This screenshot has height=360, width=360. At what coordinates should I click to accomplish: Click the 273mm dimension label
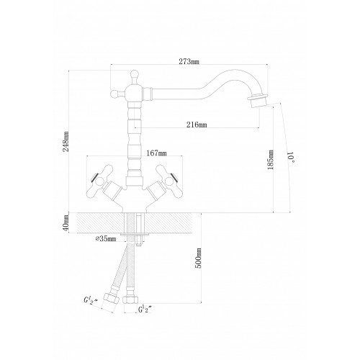(x=189, y=61)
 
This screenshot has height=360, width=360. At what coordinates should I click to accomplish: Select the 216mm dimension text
(x=197, y=125)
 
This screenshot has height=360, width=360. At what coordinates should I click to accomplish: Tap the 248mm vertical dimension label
(x=66, y=141)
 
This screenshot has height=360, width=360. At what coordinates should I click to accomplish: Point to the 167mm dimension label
(x=156, y=153)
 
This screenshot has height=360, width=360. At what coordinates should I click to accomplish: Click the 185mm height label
(x=271, y=160)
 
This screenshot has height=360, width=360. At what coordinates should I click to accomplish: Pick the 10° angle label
(x=291, y=157)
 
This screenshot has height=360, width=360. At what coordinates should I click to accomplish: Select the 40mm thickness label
(x=66, y=223)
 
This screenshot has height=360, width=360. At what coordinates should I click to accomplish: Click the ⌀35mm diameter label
(x=106, y=239)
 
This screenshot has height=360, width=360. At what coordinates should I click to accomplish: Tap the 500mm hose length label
(x=198, y=258)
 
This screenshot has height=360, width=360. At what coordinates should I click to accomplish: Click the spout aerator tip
(x=258, y=102)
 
